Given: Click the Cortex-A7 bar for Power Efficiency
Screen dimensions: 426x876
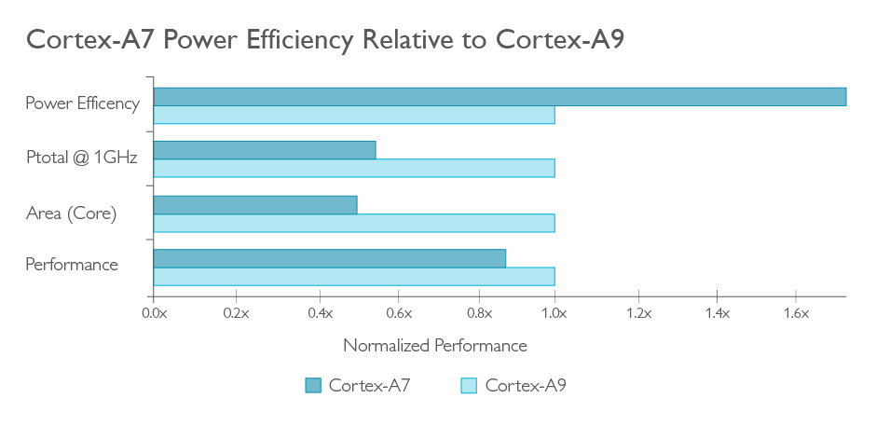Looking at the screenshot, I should pos(500,97).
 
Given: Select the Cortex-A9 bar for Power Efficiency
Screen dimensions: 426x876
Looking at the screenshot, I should pos(354,115).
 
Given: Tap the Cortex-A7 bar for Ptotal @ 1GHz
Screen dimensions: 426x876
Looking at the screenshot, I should pos(265,150).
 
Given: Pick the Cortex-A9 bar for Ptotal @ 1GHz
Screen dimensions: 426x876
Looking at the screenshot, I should pos(354,168).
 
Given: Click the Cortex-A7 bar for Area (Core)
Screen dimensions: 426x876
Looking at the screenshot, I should pos(255,204).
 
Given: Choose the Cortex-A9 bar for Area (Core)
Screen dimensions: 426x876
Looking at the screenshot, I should pos(354,223).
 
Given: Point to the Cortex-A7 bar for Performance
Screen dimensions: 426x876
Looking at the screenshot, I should pos(330,258).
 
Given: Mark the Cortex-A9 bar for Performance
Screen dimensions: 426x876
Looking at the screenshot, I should pos(354,276).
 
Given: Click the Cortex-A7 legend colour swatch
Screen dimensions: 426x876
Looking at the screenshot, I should pos(313,386).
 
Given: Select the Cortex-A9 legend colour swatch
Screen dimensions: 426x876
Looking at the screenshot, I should pos(469,386).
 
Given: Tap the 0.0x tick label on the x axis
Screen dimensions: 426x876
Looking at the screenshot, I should pos(154,313).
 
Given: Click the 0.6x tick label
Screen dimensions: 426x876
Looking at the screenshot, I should pos(398,313).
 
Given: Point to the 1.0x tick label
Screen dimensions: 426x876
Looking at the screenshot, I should pos(555,313).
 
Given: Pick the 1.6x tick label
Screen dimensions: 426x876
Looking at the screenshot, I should pos(796,313).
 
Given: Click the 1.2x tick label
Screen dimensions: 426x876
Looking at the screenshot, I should pos(638,313).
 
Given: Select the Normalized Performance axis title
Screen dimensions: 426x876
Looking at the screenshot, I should pos(435,346).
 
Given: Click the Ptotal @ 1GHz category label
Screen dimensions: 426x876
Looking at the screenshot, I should pos(82,158).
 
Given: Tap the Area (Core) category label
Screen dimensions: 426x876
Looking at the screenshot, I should pos(72,213).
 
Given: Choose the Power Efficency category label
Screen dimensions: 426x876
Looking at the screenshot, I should pos(82,103).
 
